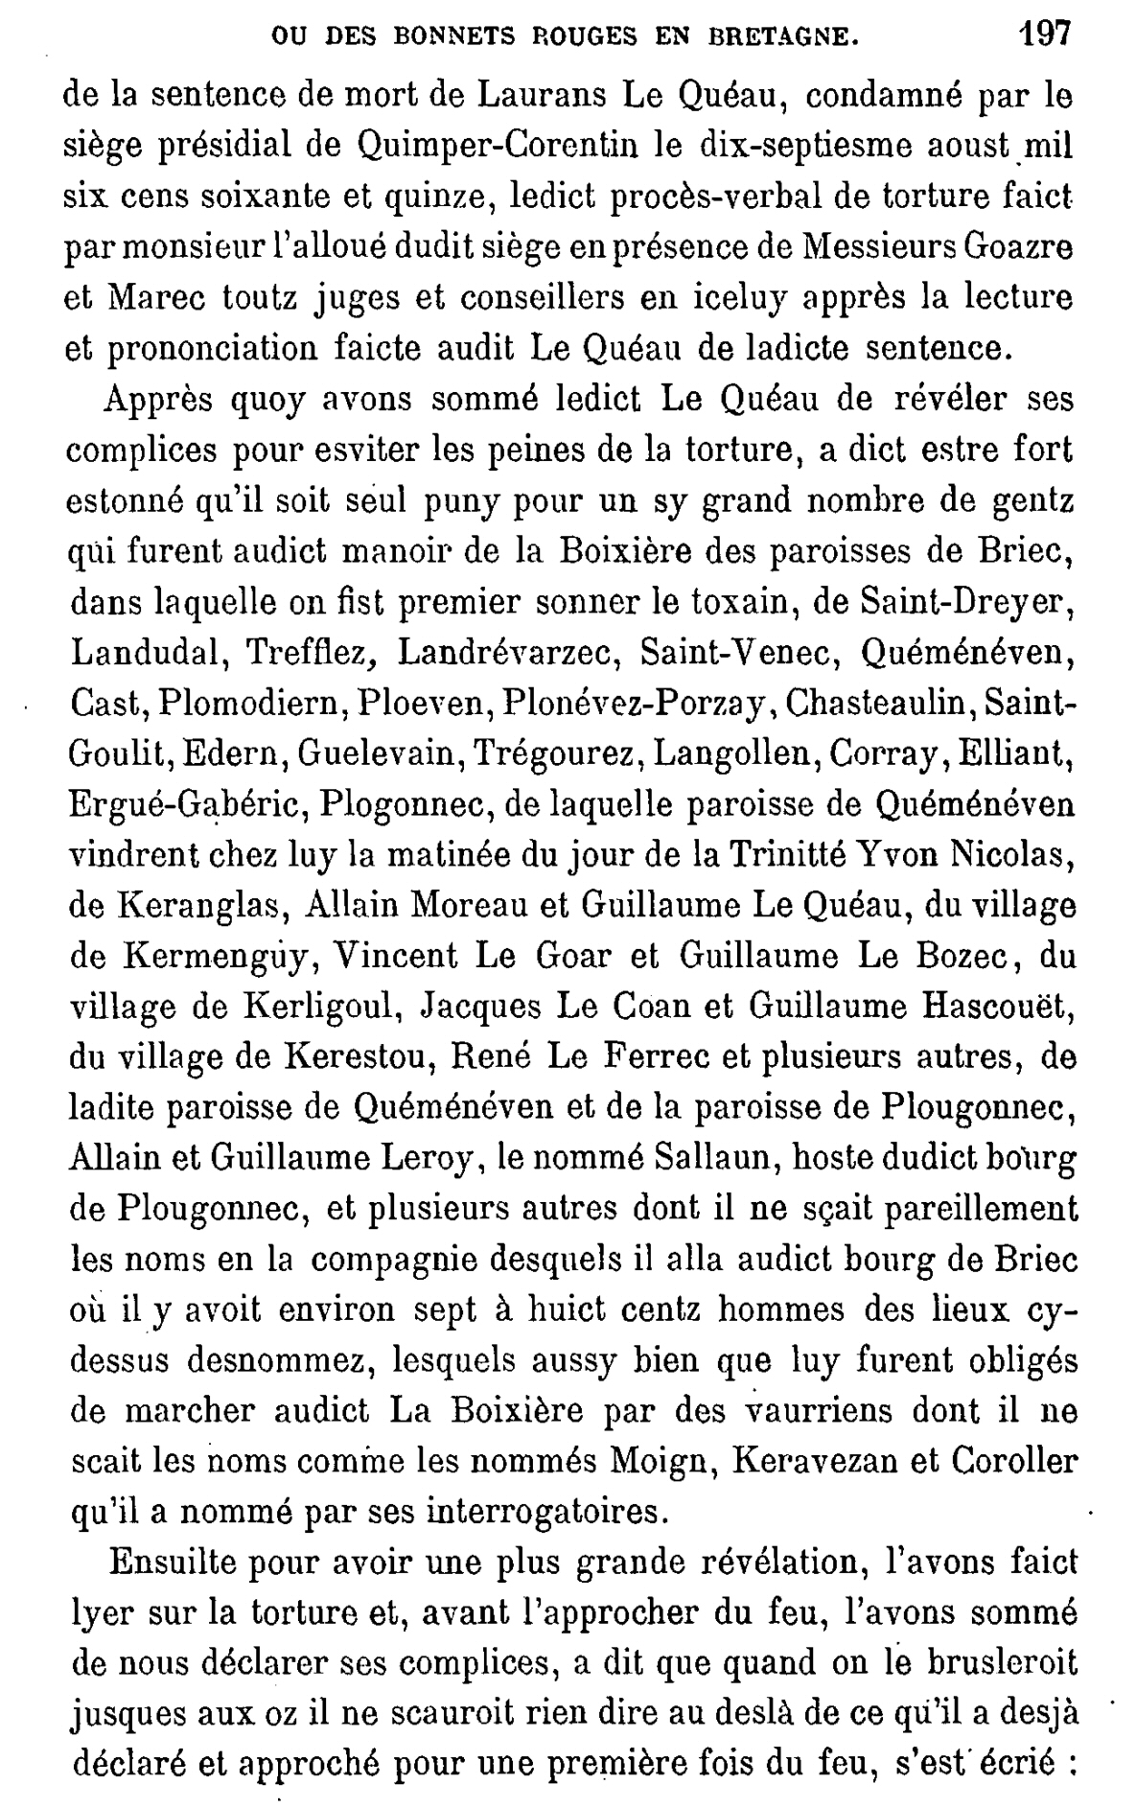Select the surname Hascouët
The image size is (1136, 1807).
coord(997,1007)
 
